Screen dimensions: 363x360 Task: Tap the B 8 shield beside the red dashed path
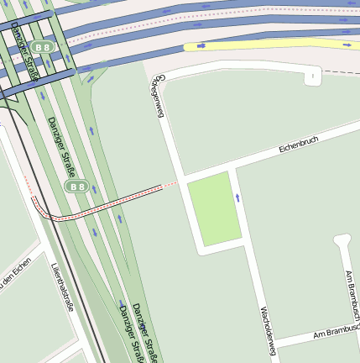coord(76,186)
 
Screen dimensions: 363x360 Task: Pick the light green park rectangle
coord(214,208)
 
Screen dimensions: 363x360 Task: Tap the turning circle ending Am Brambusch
coord(342,241)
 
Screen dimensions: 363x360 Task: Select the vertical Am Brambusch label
coord(351,294)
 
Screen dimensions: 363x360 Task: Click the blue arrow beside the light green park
coord(238,197)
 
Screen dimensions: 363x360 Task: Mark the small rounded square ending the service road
coord(312,77)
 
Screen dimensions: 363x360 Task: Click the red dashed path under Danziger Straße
coord(101,204)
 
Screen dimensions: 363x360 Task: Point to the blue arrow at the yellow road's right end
coord(347,43)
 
